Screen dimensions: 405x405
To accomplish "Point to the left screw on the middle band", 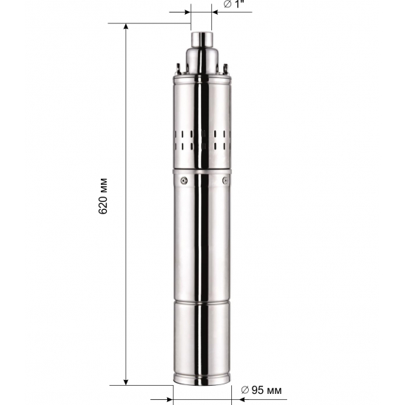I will pyautogui.click(x=185, y=180).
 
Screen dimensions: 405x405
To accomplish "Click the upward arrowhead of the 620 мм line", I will pyautogui.click(x=127, y=27).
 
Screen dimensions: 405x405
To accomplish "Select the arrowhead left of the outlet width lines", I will pyautogui.click(x=186, y=11).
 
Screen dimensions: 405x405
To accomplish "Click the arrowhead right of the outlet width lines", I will pyautogui.click(x=217, y=11).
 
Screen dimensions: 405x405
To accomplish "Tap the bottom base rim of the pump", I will pyautogui.click(x=202, y=380).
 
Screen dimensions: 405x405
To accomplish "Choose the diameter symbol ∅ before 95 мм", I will pyautogui.click(x=245, y=390).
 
